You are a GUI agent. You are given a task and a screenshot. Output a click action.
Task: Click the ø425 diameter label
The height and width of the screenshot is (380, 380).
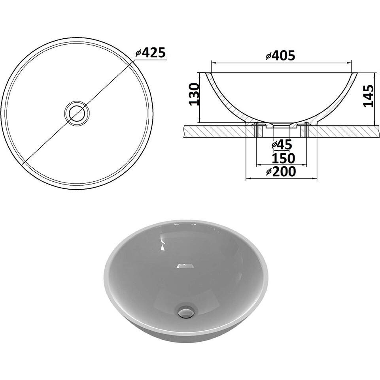tap(150, 53)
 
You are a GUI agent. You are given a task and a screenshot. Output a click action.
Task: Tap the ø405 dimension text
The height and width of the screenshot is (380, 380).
tap(280, 56)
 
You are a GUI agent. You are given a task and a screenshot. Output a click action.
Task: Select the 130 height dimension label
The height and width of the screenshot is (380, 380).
tap(194, 94)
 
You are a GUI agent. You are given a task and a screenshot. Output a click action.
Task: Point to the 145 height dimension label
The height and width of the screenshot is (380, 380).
tap(368, 96)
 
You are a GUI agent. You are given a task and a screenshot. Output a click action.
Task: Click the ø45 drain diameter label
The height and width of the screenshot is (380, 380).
tap(282, 145)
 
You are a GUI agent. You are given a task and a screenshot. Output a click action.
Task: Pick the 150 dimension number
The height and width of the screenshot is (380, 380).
tap(283, 158)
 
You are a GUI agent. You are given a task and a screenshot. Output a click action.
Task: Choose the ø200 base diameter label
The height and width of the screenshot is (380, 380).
tap(281, 171)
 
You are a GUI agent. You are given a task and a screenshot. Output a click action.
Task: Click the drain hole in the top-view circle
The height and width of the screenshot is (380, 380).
tap(77, 113)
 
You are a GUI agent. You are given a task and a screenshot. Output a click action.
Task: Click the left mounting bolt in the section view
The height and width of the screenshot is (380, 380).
tap(256, 130)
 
